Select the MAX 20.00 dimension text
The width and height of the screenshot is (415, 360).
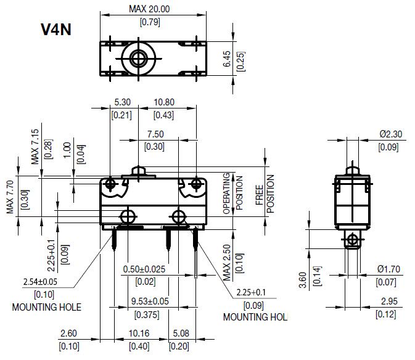(x=149, y=9)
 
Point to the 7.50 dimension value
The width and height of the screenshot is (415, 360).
(x=155, y=134)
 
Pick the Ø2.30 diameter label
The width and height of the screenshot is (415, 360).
(x=388, y=133)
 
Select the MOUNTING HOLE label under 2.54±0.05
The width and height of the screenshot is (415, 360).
(x=46, y=306)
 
